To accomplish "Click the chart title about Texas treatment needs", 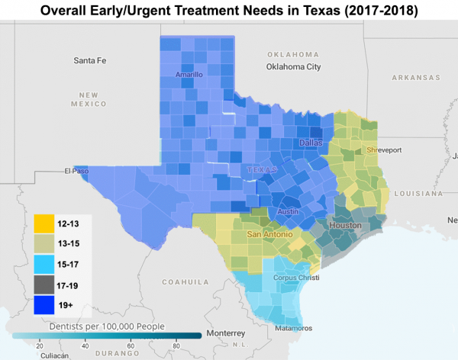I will pyautogui.click(x=229, y=11).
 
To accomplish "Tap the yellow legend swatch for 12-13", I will pyautogui.click(x=44, y=223).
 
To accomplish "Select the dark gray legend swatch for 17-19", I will pyautogui.click(x=44, y=285).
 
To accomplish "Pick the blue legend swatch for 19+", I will pyautogui.click(x=44, y=306).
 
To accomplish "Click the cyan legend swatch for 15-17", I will pyautogui.click(x=44, y=265).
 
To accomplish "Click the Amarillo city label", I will pyautogui.click(x=189, y=75).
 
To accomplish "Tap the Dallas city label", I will pyautogui.click(x=311, y=143).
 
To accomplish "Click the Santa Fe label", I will pyautogui.click(x=90, y=59).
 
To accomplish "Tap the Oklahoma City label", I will pyautogui.click(x=293, y=67).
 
